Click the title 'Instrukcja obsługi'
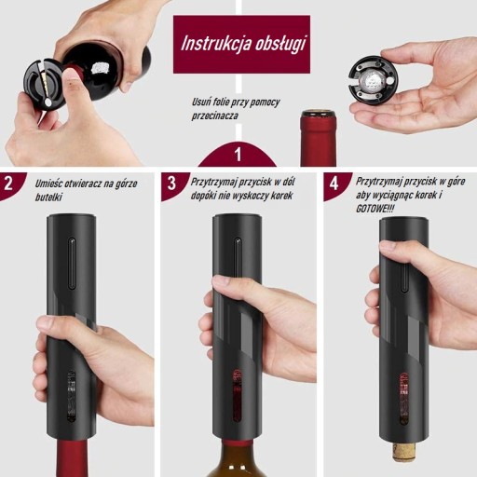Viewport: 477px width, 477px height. [x=243, y=44]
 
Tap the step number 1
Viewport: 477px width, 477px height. [x=238, y=154]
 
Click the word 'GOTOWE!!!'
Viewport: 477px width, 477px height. [x=375, y=209]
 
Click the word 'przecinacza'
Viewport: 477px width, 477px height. [x=214, y=116]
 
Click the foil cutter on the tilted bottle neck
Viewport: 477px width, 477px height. [x=45, y=86]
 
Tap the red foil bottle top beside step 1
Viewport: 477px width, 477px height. [x=318, y=138]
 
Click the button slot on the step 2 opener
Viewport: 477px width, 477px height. [x=72, y=264]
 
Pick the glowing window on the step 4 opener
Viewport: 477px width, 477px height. [x=404, y=399]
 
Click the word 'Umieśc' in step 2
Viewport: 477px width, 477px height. [x=48, y=184]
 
